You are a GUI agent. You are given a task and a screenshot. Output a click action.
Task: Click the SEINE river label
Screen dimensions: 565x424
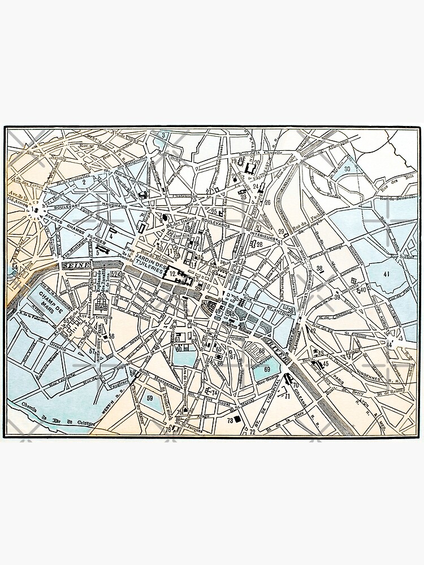pos(75,265)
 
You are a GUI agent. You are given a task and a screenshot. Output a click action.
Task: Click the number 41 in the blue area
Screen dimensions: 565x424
pos(386,275)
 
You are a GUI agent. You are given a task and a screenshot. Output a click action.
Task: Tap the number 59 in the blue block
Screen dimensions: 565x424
pos(150,398)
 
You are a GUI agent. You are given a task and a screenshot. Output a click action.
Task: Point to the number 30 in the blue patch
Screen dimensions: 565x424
pos(347,169)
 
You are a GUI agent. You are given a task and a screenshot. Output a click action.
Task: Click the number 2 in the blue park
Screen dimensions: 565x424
pos(83,182)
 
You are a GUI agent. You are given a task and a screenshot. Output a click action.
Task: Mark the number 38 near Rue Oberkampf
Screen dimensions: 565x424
pos(319,268)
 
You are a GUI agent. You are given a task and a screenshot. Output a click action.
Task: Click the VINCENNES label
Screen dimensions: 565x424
pos(370,374)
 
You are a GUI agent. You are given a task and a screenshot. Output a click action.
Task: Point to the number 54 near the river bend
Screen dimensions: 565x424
pos(15,267)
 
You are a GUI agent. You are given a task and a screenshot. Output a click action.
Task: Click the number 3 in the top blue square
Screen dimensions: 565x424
pos(163,136)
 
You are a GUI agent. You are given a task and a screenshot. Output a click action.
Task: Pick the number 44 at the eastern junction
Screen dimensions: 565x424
pos(390,344)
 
